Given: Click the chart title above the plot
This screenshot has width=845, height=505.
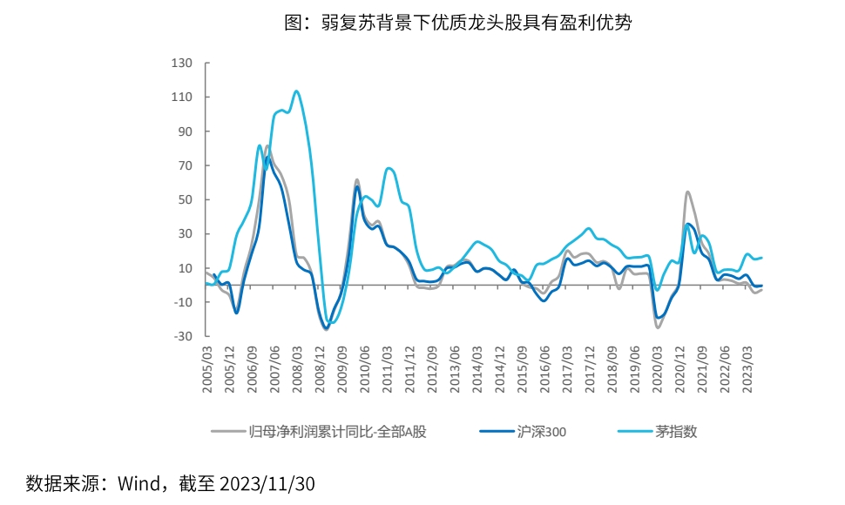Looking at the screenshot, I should click(x=458, y=24).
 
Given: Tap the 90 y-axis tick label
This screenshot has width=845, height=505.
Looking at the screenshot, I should click(x=183, y=131).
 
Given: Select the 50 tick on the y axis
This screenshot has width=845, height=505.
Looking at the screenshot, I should click(x=183, y=199).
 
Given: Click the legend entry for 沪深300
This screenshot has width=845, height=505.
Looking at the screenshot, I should click(x=542, y=431).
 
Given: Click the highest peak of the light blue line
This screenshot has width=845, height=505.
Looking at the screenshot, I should click(x=297, y=91).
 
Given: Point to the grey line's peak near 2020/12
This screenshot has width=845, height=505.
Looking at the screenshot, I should click(x=687, y=192).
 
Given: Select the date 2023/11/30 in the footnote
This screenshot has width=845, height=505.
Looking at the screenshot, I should click(x=267, y=482).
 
